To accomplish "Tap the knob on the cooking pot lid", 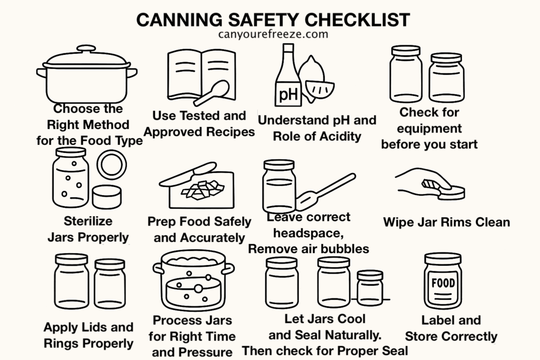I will (85, 48).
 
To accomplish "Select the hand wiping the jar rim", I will (419, 180).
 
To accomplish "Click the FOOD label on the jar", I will (443, 283).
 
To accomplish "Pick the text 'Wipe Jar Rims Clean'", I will (447, 222).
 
